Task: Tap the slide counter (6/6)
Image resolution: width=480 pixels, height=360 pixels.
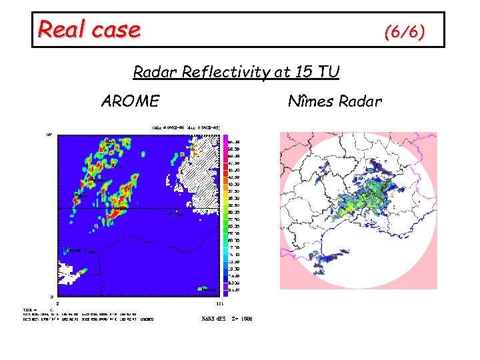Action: point(404,32)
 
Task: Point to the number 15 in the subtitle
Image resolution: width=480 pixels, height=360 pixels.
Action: point(306,72)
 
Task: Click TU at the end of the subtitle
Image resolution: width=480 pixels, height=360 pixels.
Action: point(328,72)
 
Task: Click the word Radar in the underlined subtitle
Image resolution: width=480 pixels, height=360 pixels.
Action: point(153,72)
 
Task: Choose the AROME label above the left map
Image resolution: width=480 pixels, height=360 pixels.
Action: point(130,101)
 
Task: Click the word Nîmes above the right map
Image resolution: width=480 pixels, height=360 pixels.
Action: point(311,101)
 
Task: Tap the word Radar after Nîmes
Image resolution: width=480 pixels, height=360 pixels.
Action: point(360,101)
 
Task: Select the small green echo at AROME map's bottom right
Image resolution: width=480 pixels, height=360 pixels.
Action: point(203,289)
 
